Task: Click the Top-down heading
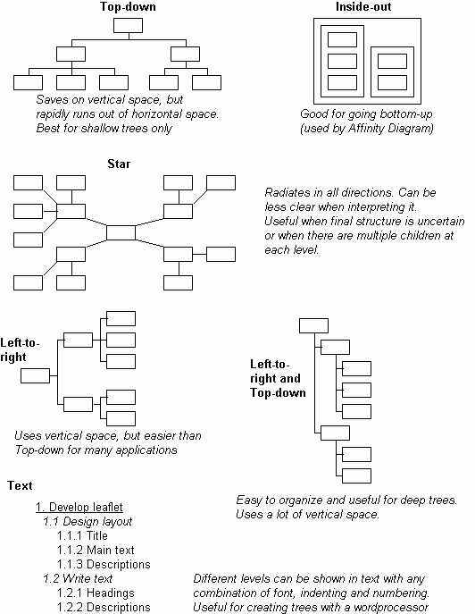click(128, 6)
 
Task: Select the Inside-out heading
click(363, 6)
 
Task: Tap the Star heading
click(119, 164)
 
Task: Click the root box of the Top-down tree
click(128, 25)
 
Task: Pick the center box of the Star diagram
click(121, 232)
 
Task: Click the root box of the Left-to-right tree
click(35, 376)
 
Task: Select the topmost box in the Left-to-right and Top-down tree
click(313, 326)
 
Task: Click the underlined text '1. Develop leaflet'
click(79, 507)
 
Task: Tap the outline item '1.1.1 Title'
click(82, 535)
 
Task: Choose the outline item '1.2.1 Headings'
click(96, 593)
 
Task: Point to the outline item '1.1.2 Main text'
click(96, 550)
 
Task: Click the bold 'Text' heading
click(20, 485)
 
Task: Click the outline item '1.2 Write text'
click(78, 578)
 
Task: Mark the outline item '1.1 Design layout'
click(87, 522)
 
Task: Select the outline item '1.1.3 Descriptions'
click(104, 564)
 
